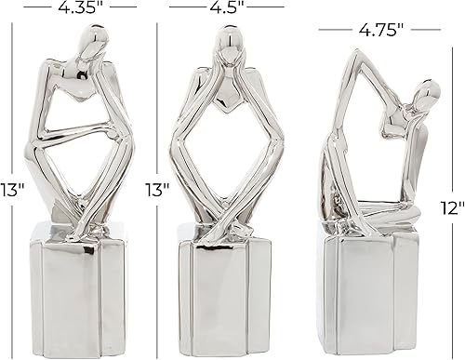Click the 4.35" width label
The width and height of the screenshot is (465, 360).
[82, 7]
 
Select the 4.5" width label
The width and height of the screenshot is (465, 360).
[227, 7]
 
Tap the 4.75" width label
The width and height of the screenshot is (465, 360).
[379, 29]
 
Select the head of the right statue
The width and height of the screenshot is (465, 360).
[428, 94]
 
